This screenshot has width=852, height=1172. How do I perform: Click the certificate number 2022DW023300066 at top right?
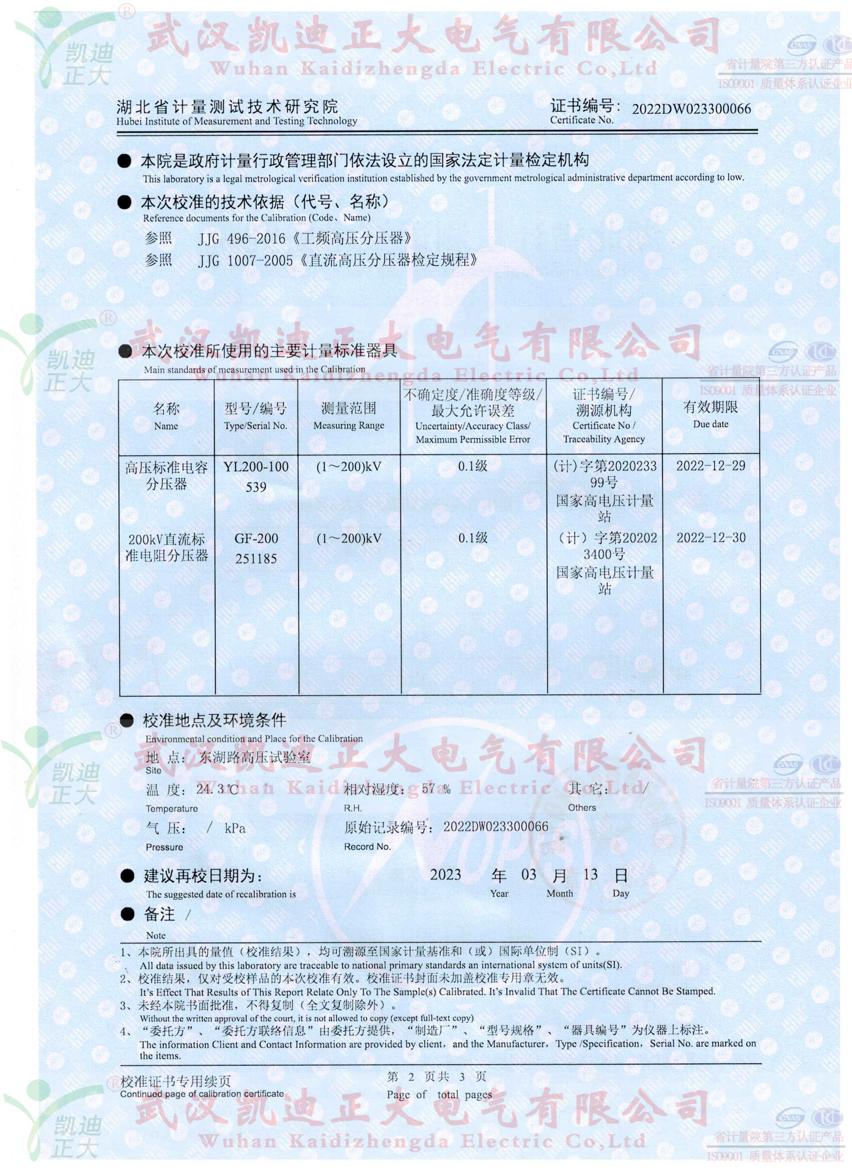(x=691, y=109)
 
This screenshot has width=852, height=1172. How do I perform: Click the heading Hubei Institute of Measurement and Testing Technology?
(x=237, y=121)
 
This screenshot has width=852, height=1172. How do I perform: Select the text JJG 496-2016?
(x=241, y=239)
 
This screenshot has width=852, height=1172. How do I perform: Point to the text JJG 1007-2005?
(x=246, y=261)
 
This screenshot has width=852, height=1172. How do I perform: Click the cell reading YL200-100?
(x=256, y=467)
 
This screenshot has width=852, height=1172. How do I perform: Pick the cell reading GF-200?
(x=256, y=538)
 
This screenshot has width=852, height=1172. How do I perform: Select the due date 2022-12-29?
(x=711, y=466)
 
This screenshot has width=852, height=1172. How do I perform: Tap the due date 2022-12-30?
(x=711, y=538)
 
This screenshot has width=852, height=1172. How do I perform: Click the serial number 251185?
(x=256, y=558)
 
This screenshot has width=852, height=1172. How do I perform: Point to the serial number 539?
(x=256, y=487)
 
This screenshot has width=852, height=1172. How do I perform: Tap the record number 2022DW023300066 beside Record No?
(x=496, y=827)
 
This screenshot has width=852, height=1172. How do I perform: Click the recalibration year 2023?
(x=446, y=875)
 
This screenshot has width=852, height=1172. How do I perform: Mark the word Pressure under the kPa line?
(x=164, y=848)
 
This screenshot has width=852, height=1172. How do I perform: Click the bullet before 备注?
(x=127, y=914)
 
